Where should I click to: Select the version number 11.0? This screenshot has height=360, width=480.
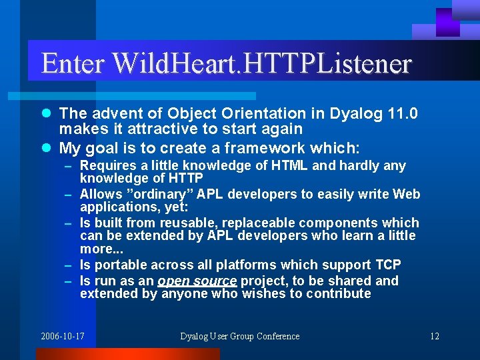click(x=403, y=114)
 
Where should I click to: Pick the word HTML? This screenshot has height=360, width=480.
click(x=290, y=165)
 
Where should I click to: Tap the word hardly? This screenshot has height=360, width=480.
click(x=361, y=165)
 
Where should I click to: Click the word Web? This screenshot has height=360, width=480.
click(x=406, y=194)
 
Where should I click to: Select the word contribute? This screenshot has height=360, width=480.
click(x=338, y=293)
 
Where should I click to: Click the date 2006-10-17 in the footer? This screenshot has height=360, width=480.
click(x=63, y=336)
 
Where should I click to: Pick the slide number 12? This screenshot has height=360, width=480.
click(x=434, y=336)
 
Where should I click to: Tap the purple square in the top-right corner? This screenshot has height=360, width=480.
click(x=448, y=21)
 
